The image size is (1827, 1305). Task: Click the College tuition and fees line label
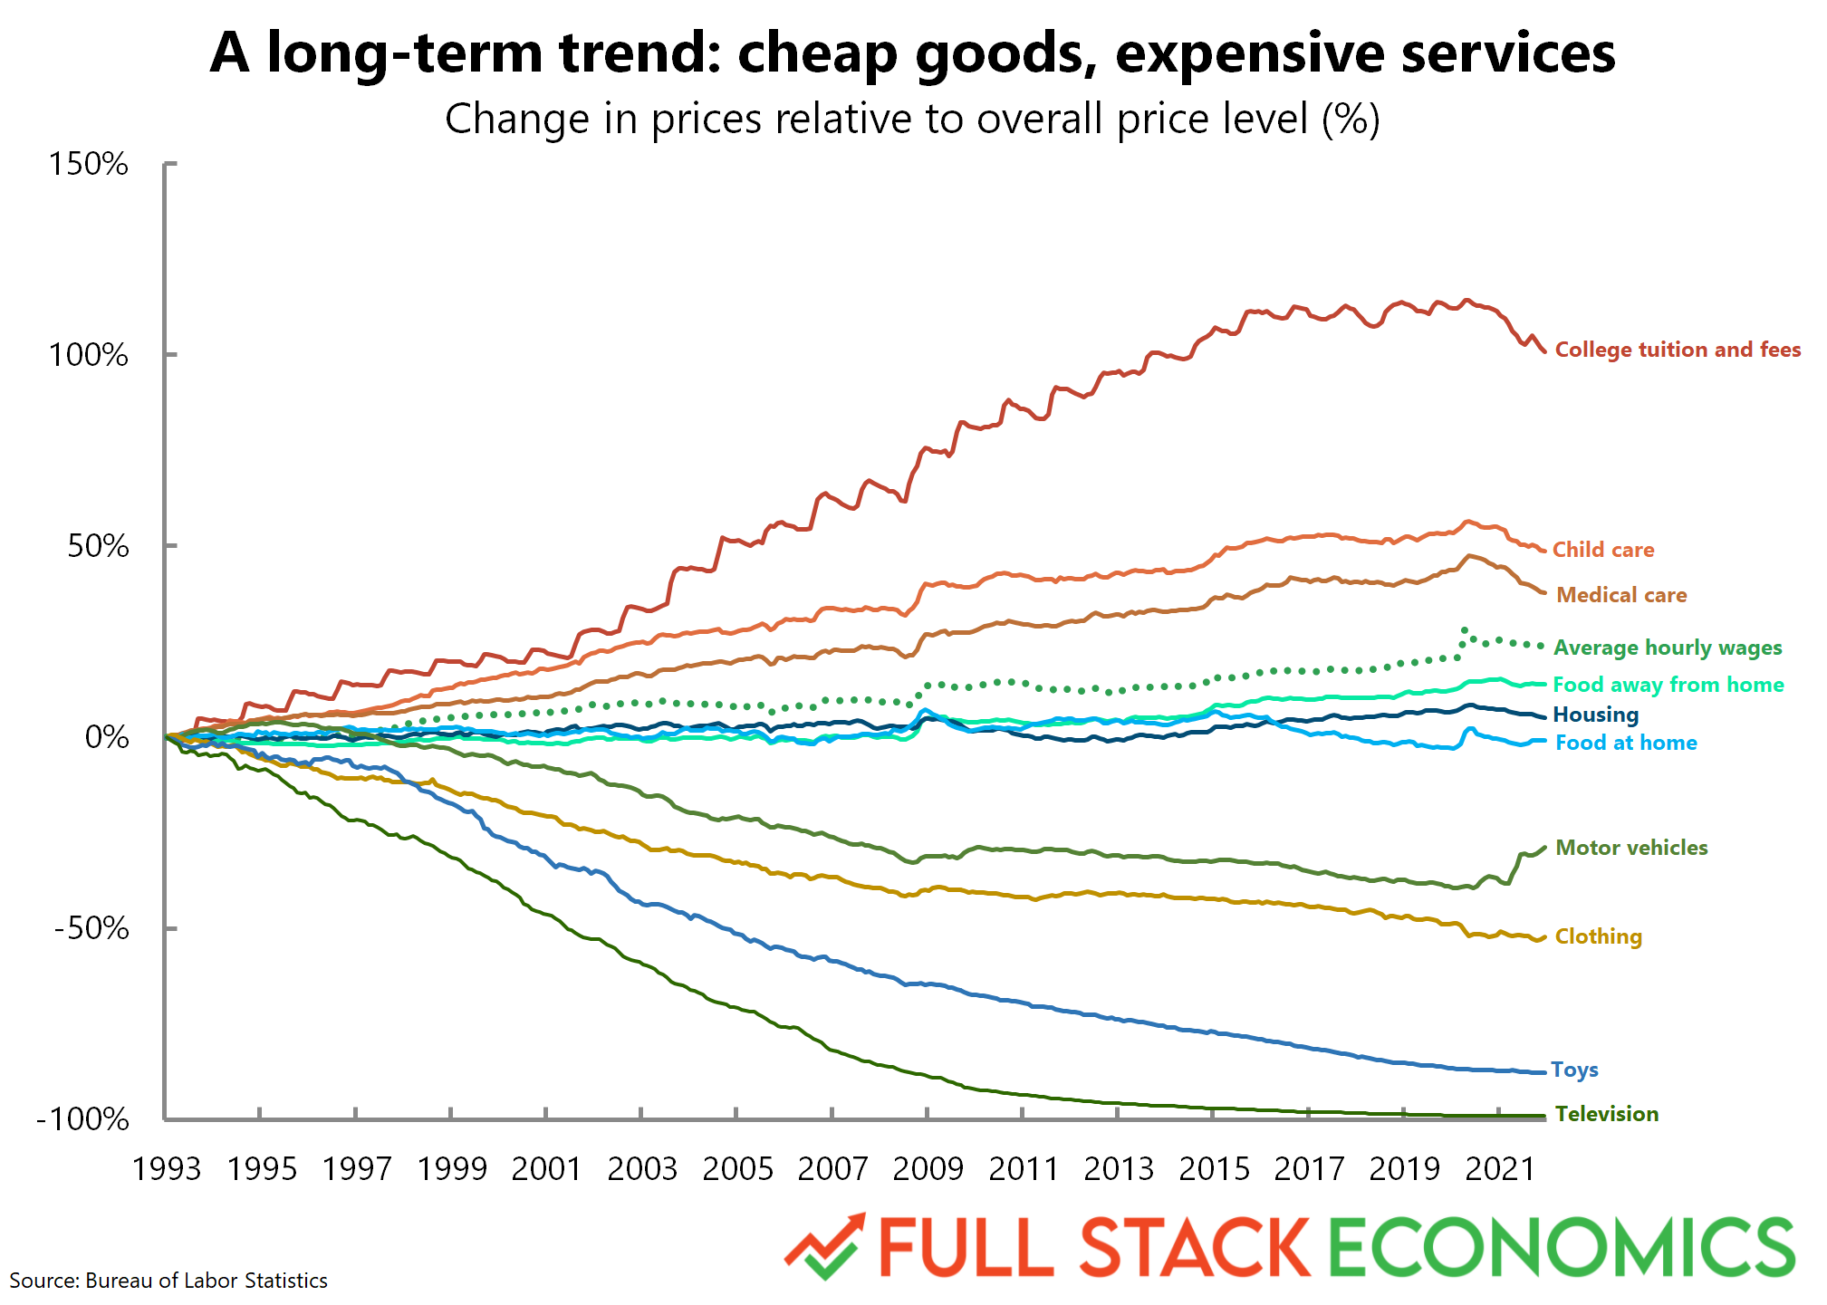pyautogui.click(x=1678, y=350)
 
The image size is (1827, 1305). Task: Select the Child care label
pyautogui.click(x=1603, y=550)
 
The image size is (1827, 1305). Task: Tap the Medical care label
pyautogui.click(x=1621, y=595)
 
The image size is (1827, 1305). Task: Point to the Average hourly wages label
pyautogui.click(x=1668, y=648)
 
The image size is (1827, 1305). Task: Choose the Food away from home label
pyautogui.click(x=1668, y=685)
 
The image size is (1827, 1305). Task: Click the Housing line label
pyautogui.click(x=1596, y=715)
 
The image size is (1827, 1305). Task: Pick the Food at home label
pyautogui.click(x=1626, y=743)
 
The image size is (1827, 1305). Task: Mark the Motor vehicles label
pyautogui.click(x=1631, y=848)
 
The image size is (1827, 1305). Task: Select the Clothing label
pyautogui.click(x=1599, y=936)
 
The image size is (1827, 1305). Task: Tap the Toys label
pyautogui.click(x=1574, y=1070)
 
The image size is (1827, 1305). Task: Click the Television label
pyautogui.click(x=1607, y=1114)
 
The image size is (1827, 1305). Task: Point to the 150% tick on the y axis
pyautogui.click(x=89, y=164)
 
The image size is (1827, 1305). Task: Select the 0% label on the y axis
pyautogui.click(x=107, y=737)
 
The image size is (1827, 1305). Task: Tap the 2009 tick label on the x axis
pyautogui.click(x=928, y=1169)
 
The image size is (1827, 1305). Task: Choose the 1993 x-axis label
pyautogui.click(x=167, y=1169)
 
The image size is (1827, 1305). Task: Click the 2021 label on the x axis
pyautogui.click(x=1500, y=1169)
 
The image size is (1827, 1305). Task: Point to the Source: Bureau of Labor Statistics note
pyautogui.click(x=168, y=1281)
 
